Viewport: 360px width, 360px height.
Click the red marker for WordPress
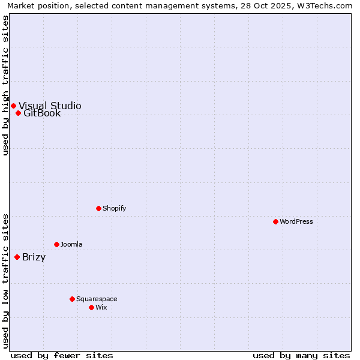[x=275, y=221]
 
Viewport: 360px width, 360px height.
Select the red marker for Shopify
[x=98, y=208]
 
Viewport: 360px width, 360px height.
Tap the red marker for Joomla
[x=56, y=244]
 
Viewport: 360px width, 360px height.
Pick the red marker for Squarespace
[x=72, y=299]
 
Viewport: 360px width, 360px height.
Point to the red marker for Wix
[x=91, y=307]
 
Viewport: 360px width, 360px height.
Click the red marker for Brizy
[x=17, y=257]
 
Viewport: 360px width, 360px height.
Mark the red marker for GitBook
[x=18, y=113]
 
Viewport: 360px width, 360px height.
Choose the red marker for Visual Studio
[x=13, y=106]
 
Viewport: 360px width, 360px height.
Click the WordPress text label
[x=296, y=221]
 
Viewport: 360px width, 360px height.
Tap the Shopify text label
[x=115, y=208]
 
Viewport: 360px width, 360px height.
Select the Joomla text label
[x=71, y=244]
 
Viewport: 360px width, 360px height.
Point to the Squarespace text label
[x=97, y=299]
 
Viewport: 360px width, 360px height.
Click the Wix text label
[x=101, y=307]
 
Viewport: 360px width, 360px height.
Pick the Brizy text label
[x=34, y=257]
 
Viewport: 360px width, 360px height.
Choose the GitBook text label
[x=42, y=113]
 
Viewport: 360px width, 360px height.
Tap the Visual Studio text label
[x=50, y=106]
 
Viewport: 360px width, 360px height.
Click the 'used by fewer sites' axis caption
[x=62, y=355]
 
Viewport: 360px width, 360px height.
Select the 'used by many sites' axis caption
[x=301, y=355]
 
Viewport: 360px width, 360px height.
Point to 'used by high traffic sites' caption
[x=5, y=85]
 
